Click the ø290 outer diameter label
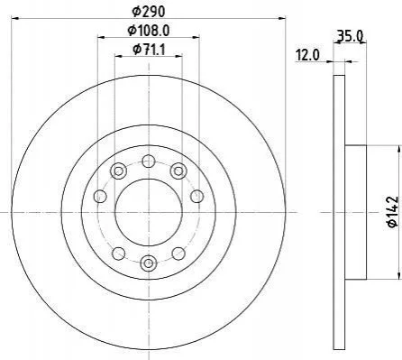pos(149,12)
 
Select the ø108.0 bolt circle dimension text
pos(149,30)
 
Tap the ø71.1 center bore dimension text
pos(149,49)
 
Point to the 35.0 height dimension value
pos(351,36)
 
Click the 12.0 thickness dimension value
pos(307,55)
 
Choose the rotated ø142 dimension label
pos(393,212)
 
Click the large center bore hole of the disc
pos(149,212)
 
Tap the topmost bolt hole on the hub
pos(149,161)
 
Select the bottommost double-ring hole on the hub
pos(149,263)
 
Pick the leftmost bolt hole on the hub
pos(100,197)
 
